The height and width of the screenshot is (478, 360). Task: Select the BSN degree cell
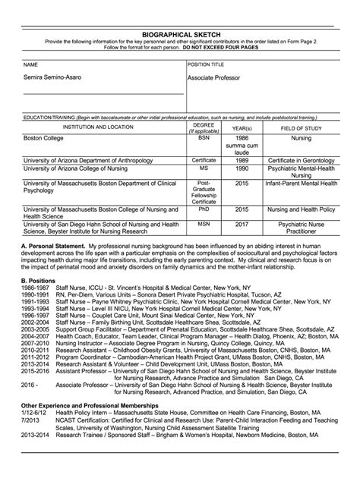[x=203, y=140]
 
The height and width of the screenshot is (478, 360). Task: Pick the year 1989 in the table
[x=242, y=161]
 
